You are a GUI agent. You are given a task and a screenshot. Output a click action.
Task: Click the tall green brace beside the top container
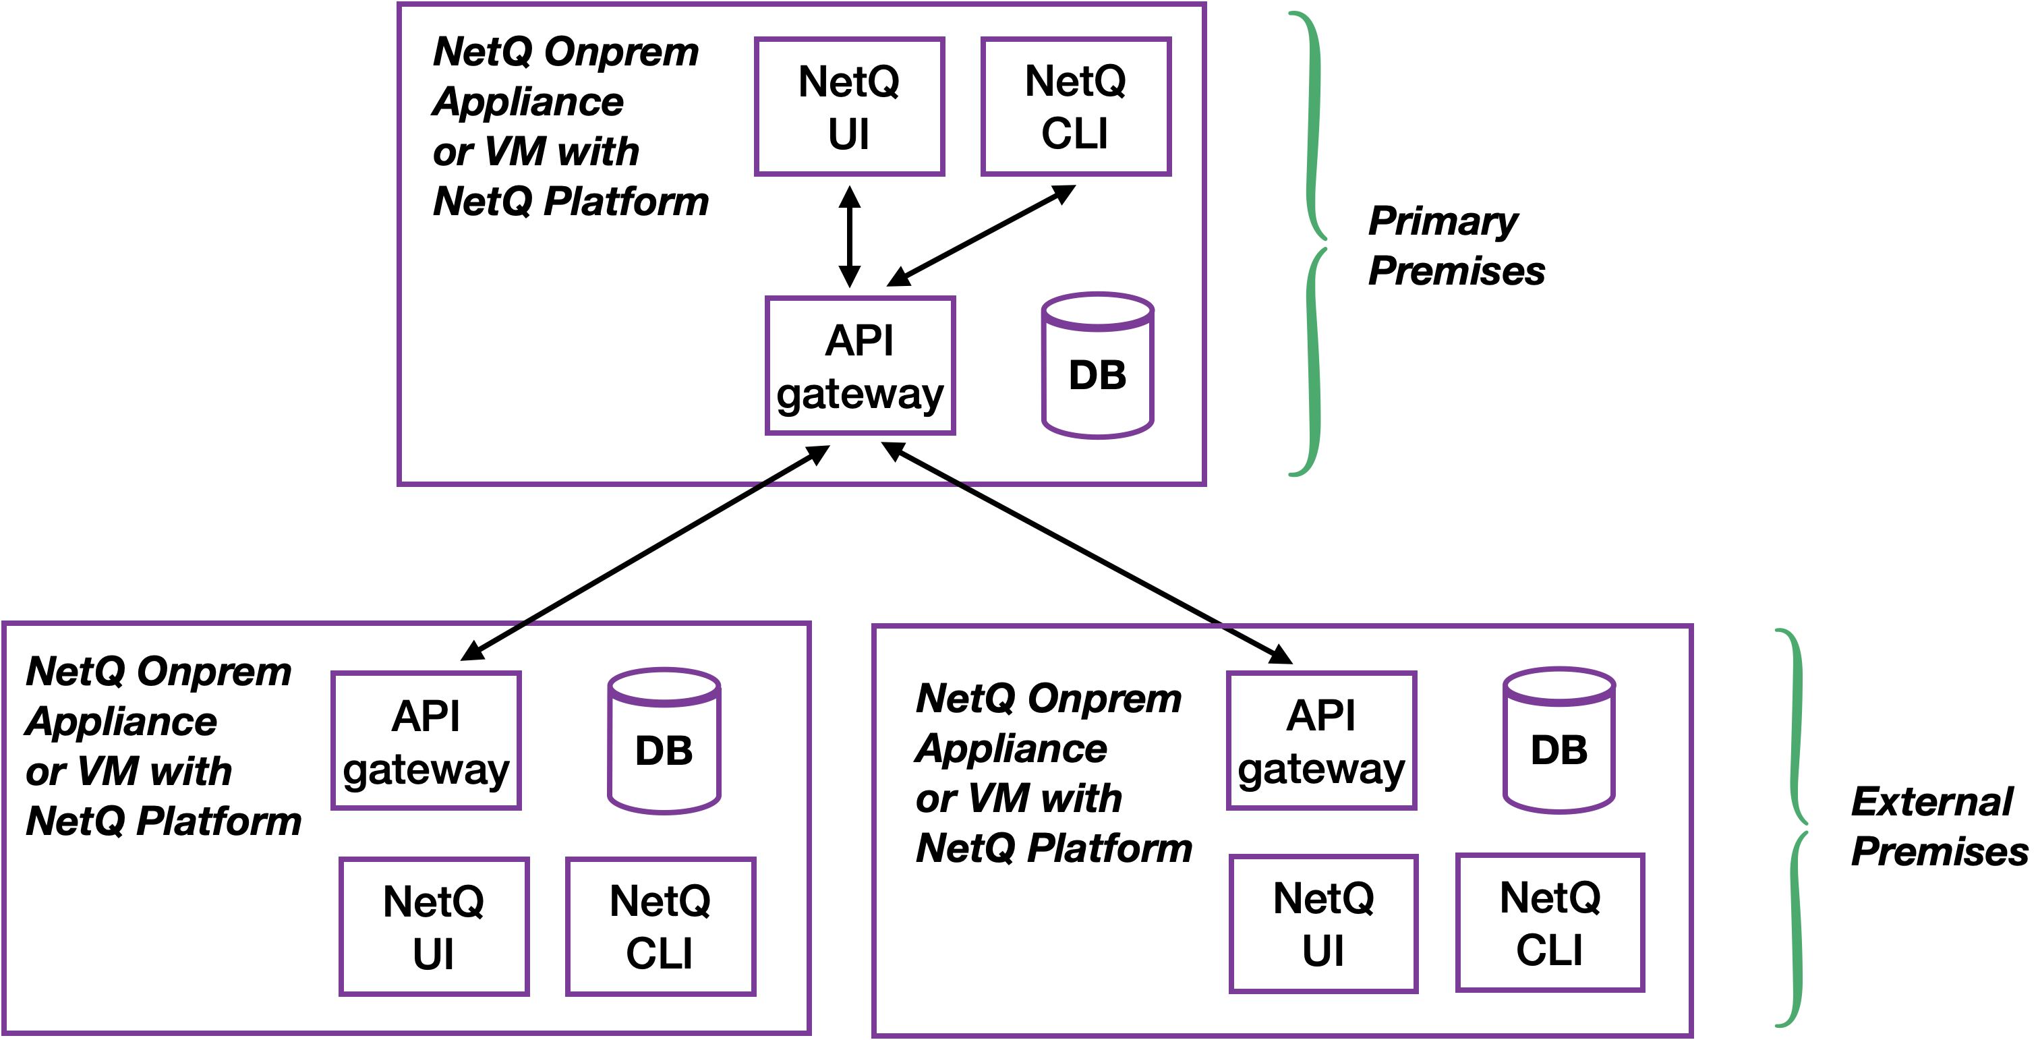(1312, 243)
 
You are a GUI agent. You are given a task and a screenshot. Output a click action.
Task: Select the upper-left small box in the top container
(850, 106)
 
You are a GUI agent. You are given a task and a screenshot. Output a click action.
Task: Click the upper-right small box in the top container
(1076, 106)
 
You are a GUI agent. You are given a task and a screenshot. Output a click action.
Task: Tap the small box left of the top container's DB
(861, 366)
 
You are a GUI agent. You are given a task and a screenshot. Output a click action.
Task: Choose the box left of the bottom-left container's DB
(426, 741)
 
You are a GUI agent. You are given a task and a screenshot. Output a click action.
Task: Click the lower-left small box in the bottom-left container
(434, 926)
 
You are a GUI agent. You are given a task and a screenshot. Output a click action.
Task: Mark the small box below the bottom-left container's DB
(661, 926)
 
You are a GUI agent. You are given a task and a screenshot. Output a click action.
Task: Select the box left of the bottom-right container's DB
(1321, 741)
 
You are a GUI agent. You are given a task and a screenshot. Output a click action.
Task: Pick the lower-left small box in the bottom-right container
(1324, 923)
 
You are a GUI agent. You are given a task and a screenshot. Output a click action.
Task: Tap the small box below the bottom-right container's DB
(1550, 922)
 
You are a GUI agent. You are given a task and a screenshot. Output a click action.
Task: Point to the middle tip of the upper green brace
(1325, 243)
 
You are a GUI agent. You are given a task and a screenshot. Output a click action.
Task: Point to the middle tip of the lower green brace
(1807, 828)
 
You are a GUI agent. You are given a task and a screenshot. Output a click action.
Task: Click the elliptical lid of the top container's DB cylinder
(1097, 312)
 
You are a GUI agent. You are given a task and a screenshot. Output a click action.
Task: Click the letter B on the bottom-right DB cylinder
(1573, 749)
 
